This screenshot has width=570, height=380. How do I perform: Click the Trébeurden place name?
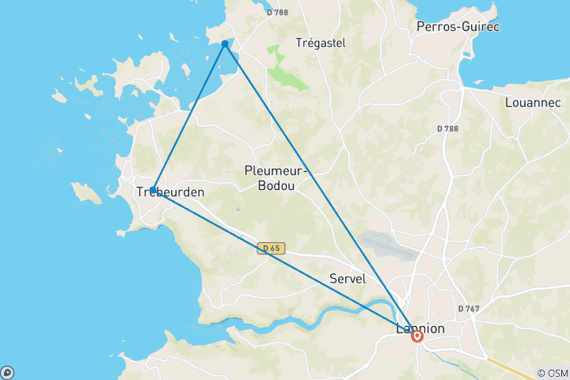(170, 192)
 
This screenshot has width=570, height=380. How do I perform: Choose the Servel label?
(347, 279)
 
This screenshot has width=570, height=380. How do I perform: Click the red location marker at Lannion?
(417, 336)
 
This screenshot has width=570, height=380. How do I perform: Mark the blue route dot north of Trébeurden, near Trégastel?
(225, 44)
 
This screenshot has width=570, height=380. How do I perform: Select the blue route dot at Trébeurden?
(153, 190)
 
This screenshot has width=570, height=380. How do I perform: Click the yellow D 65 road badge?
(270, 249)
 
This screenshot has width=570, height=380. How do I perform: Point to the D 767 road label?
(470, 308)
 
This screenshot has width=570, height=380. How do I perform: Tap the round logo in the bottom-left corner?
(7, 372)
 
